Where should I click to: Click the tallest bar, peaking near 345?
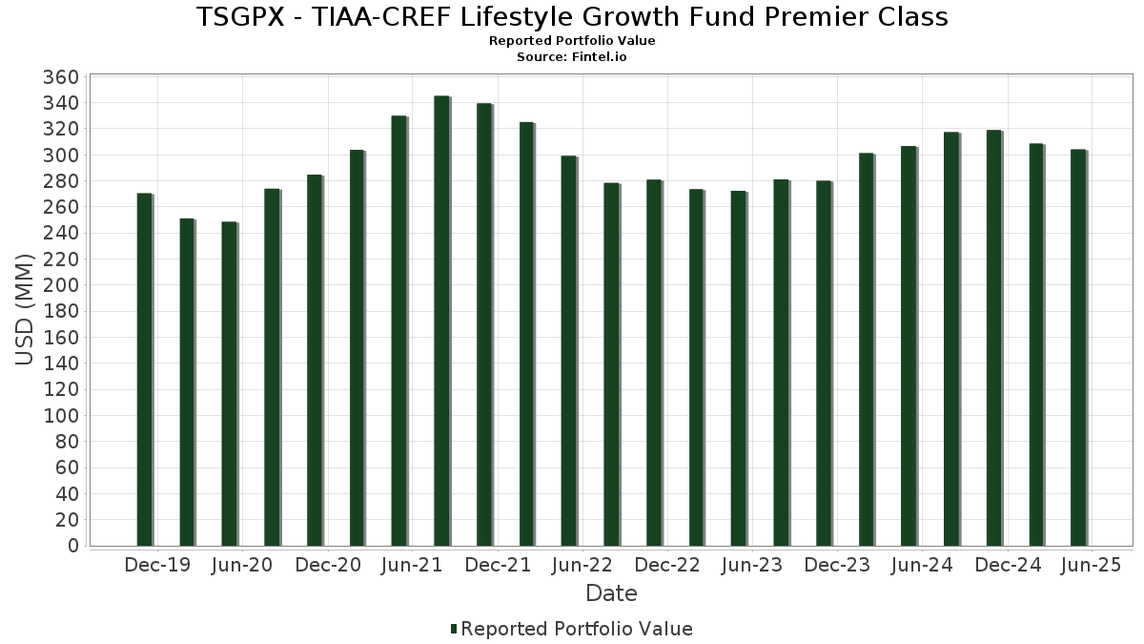coord(441,321)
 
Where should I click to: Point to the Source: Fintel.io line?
coord(572,56)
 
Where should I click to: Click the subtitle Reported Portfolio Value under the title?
coord(572,41)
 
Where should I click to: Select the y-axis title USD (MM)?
coord(26,310)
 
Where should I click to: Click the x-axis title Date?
coord(611,593)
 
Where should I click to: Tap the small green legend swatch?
coord(454,629)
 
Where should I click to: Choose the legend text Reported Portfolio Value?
coord(577,629)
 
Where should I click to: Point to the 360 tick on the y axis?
coord(60,77)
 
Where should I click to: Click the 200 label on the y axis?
coord(60,285)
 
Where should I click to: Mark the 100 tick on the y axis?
coord(60,416)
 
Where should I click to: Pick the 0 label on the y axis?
coord(72,546)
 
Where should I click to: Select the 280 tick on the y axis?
coord(60,181)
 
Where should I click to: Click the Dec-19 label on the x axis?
coord(158,566)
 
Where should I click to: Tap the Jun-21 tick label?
coord(412,566)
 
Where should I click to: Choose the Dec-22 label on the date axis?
coord(667,566)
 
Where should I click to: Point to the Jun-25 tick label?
coord(1092,566)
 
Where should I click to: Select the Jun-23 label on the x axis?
coord(751,566)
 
